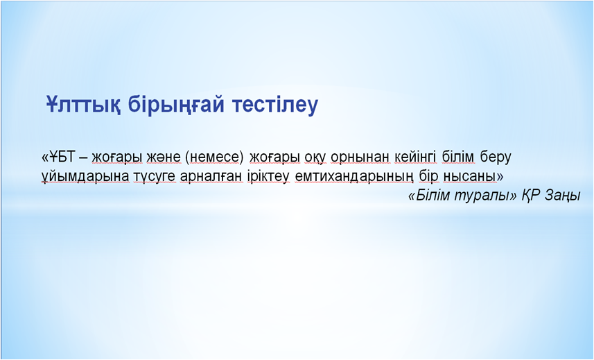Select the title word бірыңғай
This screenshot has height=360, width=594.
(x=176, y=105)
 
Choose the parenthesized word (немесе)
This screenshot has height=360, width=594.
(x=214, y=157)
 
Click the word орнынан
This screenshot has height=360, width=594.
(x=360, y=157)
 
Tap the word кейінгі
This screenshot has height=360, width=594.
(x=416, y=157)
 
